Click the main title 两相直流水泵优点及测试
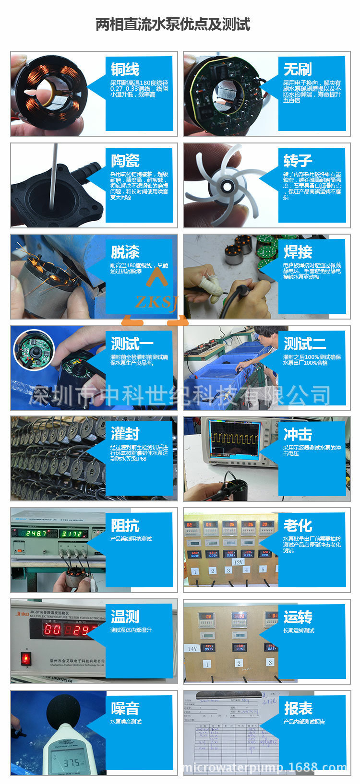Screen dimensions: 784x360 [x=173, y=24]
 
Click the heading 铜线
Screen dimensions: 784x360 [x=125, y=69]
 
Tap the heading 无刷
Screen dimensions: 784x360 [x=298, y=69]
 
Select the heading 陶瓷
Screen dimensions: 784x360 [x=125, y=160]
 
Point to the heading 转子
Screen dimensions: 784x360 [x=298, y=160]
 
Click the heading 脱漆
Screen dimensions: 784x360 [x=125, y=252]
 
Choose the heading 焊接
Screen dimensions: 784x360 [x=298, y=252]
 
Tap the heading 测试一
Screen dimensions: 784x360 [x=132, y=344]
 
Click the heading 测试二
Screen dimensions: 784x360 [x=305, y=344]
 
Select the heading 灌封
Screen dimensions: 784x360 [x=125, y=434]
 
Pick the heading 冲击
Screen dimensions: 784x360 [x=298, y=434]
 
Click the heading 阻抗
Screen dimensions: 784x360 [x=125, y=525]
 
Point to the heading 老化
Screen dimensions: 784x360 [x=298, y=525]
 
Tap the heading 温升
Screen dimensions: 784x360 [x=125, y=617]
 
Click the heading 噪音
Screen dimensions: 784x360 [x=125, y=708]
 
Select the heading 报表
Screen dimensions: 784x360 [x=298, y=708]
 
